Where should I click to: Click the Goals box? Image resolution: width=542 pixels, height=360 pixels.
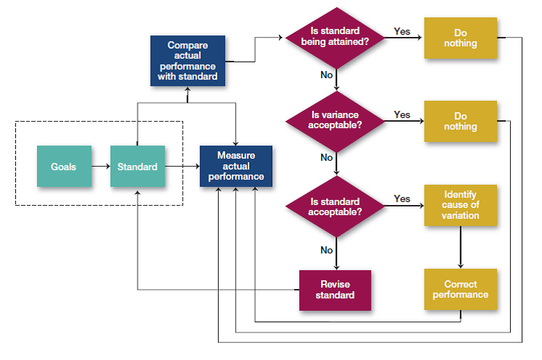point(64,167)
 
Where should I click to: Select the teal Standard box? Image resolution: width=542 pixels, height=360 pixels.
point(137,167)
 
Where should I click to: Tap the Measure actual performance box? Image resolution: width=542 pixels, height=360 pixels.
point(235,166)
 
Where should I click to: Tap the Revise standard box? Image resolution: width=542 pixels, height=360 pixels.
point(335,289)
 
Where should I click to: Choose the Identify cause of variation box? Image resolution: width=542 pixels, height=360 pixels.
point(460,205)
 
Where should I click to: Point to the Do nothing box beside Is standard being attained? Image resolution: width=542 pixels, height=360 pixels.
point(460,38)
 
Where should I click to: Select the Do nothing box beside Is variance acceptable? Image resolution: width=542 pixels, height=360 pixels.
point(460,121)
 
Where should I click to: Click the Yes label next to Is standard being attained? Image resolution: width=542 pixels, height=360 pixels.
point(401,31)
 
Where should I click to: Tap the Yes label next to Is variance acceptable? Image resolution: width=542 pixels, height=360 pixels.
point(401,114)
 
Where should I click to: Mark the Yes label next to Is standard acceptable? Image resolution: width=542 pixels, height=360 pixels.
point(401,198)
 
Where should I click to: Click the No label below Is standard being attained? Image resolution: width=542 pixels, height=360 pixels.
point(326,75)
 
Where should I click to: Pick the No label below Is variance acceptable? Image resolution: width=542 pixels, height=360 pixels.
point(326,158)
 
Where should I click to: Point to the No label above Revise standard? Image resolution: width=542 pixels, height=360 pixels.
point(326,250)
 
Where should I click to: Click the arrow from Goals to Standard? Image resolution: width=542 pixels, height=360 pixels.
point(101,167)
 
